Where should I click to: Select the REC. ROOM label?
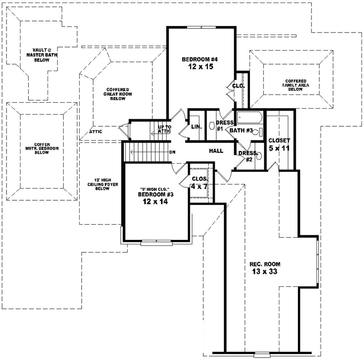coord(264,264)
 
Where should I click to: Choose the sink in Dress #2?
coord(258,155)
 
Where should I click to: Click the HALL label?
coord(216,150)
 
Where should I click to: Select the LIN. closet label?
coord(196,127)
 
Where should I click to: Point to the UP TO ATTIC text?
coord(165,129)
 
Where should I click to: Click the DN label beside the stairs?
coord(172,152)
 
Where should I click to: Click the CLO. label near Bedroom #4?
coord(238,86)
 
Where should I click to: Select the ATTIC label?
coord(96,132)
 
